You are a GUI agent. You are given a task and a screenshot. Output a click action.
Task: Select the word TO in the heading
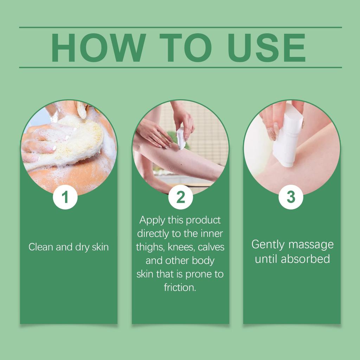(186, 48)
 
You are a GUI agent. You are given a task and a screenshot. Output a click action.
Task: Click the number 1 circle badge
(65, 197)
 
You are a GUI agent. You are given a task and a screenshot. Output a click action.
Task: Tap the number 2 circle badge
(180, 197)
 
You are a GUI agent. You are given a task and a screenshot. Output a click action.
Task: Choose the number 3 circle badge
(291, 197)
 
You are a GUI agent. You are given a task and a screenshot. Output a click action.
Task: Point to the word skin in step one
(100, 247)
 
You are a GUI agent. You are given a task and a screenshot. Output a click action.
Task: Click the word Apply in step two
(152, 220)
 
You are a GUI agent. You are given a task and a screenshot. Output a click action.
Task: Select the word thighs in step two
(150, 247)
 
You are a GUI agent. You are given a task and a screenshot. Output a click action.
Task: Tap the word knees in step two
(182, 247)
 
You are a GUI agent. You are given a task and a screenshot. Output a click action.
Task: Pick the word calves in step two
(211, 247)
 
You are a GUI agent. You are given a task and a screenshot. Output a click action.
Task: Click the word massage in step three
(311, 245)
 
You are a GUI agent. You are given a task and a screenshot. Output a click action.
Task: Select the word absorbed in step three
(306, 259)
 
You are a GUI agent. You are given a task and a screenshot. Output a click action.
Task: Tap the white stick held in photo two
(181, 138)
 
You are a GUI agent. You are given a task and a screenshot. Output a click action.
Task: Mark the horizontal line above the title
(180, 27)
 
